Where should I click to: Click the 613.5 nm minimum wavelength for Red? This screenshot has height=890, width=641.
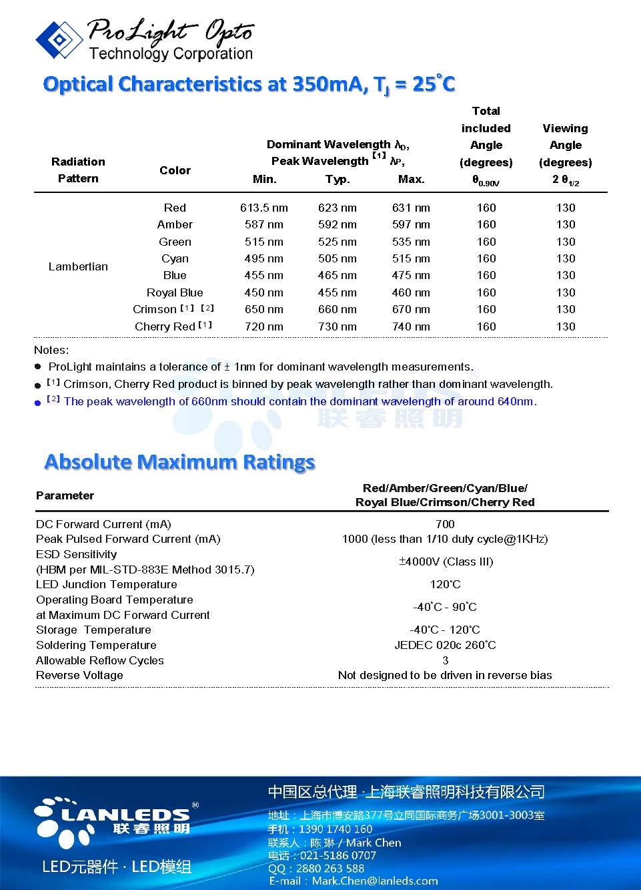point(264,208)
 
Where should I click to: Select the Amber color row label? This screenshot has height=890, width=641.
point(175,224)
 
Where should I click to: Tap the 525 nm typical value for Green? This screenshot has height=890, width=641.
point(338,242)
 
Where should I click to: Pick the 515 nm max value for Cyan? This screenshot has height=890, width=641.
point(411,258)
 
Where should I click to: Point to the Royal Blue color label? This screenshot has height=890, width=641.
point(175,292)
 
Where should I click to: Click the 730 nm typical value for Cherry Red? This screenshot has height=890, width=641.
point(338,326)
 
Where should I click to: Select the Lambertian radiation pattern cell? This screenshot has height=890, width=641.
point(78,266)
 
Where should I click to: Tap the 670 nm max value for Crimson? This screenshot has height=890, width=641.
point(411,309)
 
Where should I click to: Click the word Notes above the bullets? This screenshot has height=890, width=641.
point(51,350)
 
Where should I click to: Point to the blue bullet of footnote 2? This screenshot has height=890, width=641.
point(38,403)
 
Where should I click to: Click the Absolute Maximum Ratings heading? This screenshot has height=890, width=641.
point(179,462)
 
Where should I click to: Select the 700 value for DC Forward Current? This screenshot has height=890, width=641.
point(445,524)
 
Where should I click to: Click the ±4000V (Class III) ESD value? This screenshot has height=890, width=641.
point(446,562)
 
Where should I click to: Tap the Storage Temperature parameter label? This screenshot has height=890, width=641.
point(93,630)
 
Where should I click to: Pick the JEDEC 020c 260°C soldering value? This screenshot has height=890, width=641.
point(445,645)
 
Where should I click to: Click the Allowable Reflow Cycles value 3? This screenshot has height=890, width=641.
point(445,660)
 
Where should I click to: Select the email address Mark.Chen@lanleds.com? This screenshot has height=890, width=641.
point(375,881)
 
